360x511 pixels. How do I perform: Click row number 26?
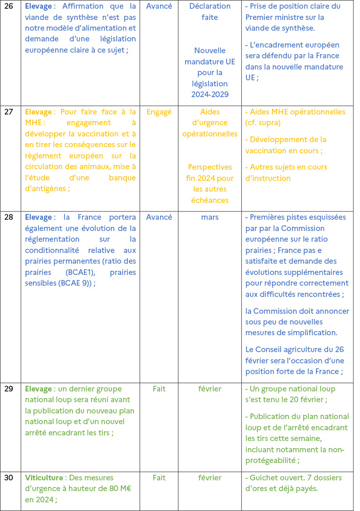(9, 6)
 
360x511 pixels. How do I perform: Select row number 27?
(9, 112)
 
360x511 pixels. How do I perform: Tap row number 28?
(9, 217)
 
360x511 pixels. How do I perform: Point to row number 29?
(9, 389)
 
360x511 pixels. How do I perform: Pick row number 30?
(9, 478)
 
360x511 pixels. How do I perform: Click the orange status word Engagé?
(159, 112)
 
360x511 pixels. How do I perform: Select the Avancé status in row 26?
(159, 6)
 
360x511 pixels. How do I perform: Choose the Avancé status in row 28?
(159, 217)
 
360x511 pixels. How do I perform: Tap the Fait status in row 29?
(159, 389)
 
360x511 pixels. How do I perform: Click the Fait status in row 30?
(159, 478)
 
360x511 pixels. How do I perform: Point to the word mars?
(210, 217)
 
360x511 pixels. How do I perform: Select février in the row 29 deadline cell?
(210, 389)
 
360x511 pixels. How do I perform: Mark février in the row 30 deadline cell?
(210, 478)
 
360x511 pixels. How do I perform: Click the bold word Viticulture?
(44, 478)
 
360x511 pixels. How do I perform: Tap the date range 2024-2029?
(210, 95)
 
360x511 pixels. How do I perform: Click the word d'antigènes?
(47, 189)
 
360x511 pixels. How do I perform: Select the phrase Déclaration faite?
(210, 12)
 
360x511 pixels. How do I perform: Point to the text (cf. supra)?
(263, 123)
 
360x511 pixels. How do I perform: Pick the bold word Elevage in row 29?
(38, 389)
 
